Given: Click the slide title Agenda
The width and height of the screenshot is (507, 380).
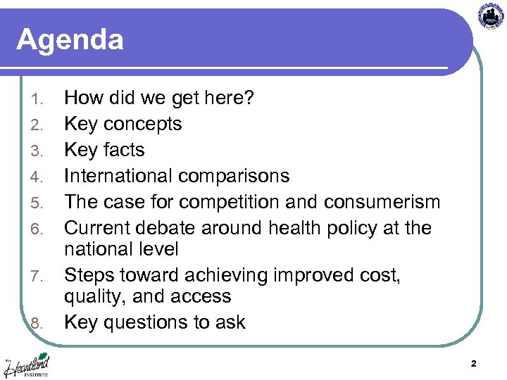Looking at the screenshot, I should (70, 39).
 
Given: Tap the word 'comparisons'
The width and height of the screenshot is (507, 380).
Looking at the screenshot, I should (234, 176).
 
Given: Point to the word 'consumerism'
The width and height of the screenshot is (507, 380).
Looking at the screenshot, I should (382, 202).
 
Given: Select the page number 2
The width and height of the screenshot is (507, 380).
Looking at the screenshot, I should (473, 364).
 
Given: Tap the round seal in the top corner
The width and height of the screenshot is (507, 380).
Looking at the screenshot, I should (491, 15).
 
